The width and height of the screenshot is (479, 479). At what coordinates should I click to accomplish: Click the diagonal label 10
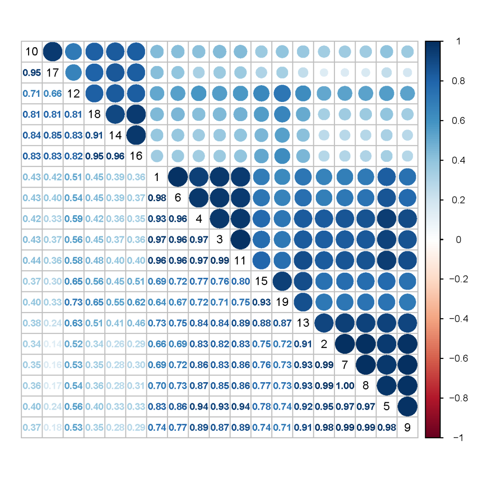[x=31, y=51]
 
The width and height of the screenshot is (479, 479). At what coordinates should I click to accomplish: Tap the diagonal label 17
[x=52, y=73]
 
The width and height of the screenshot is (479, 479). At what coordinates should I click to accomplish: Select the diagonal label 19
[x=282, y=302]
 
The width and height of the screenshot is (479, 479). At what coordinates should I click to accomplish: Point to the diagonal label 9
[x=407, y=427]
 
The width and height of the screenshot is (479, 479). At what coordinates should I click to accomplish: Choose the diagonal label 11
[x=240, y=260]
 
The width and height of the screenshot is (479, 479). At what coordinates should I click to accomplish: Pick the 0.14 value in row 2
[x=52, y=344]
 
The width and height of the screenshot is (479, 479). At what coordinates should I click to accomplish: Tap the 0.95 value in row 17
[x=31, y=73]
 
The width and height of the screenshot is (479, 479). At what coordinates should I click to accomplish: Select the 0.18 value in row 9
[x=52, y=427]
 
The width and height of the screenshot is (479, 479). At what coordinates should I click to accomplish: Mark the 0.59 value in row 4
[x=73, y=218]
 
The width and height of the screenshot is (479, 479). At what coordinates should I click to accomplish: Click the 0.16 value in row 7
[x=52, y=364]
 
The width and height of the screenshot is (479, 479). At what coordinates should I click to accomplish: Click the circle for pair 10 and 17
[x=52, y=51]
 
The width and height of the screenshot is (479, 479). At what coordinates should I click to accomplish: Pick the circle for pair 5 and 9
[x=407, y=406]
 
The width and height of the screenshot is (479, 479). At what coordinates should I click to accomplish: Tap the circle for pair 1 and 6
[x=178, y=177]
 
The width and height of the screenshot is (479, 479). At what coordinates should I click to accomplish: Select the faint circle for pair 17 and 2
[x=324, y=73]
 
